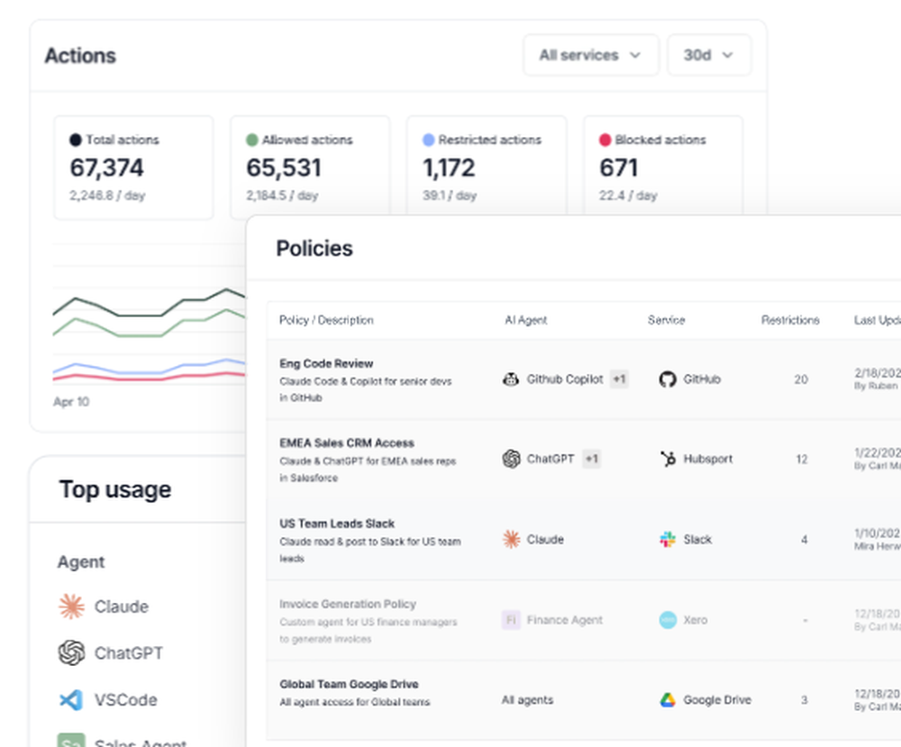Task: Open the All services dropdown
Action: pyautogui.click(x=590, y=55)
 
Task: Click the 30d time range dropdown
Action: pyautogui.click(x=708, y=55)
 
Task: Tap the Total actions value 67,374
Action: pyautogui.click(x=106, y=168)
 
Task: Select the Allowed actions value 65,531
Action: pyautogui.click(x=283, y=168)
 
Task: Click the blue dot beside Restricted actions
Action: pyautogui.click(x=429, y=141)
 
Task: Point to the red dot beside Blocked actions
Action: pyautogui.click(x=605, y=141)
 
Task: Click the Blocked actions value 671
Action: pyautogui.click(x=618, y=168)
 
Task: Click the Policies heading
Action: pyautogui.click(x=314, y=249)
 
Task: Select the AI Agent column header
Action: pyautogui.click(x=525, y=320)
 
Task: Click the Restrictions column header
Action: pyautogui.click(x=790, y=320)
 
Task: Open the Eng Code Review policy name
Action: pyautogui.click(x=326, y=364)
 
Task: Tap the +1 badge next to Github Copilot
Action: pyautogui.click(x=619, y=379)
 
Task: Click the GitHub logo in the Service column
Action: pyautogui.click(x=667, y=379)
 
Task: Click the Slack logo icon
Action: pyautogui.click(x=668, y=540)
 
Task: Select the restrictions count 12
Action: pyautogui.click(x=801, y=459)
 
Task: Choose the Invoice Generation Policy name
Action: pyautogui.click(x=348, y=605)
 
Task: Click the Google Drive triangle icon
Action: pyautogui.click(x=668, y=700)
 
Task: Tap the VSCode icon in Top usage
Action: pyautogui.click(x=71, y=699)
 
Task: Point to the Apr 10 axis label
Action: pyautogui.click(x=71, y=402)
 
